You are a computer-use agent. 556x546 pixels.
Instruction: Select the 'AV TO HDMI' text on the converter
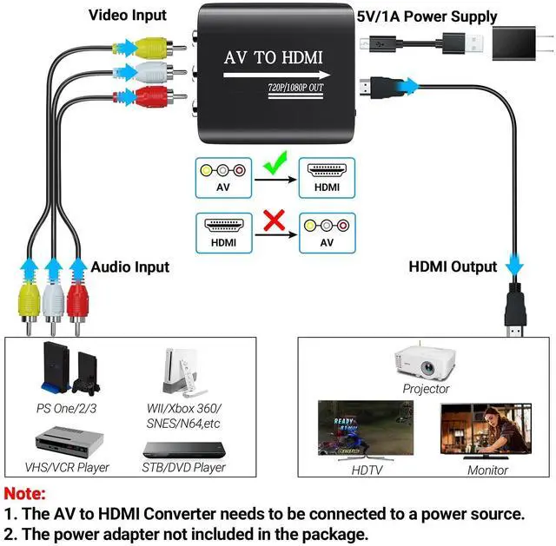pos(274,58)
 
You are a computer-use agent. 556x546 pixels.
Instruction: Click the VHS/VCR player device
pos(70,442)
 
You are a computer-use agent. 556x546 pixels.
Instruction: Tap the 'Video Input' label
pos(128,15)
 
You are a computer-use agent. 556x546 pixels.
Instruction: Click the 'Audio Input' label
pos(130,267)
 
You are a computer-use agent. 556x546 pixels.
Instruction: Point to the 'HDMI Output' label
pos(453,266)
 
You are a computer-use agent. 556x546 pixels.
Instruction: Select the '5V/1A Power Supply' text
pos(427,16)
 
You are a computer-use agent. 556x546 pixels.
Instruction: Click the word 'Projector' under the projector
pos(426,388)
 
